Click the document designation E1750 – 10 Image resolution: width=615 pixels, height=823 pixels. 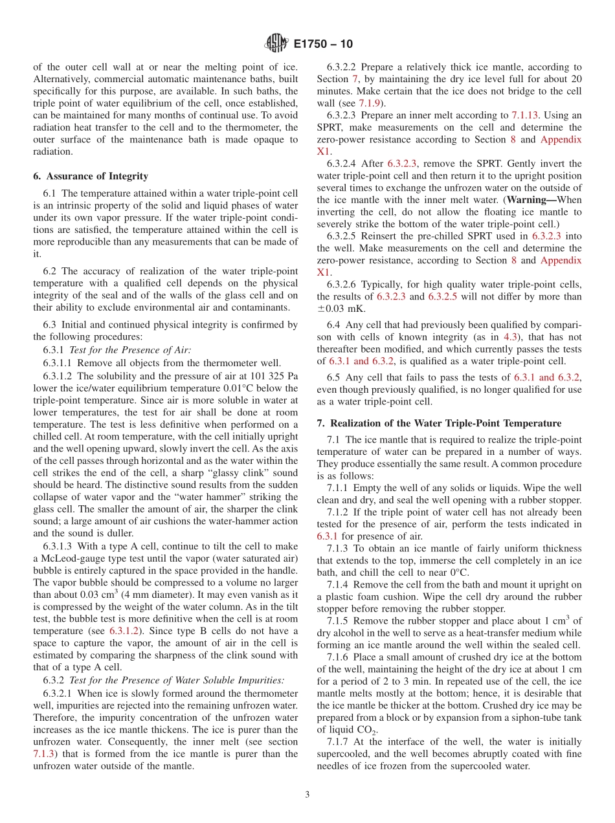pos(323,44)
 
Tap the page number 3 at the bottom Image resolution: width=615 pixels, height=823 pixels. pos(307,794)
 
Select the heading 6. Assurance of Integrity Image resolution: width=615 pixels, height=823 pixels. pos(91,176)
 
